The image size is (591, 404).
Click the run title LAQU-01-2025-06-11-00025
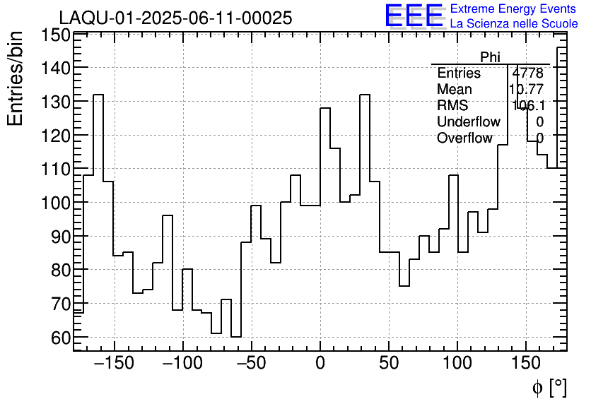pyautogui.click(x=175, y=18)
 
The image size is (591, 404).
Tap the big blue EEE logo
pyautogui.click(x=414, y=16)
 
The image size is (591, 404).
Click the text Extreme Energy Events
pyautogui.click(x=513, y=9)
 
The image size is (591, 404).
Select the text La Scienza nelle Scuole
pyautogui.click(x=513, y=24)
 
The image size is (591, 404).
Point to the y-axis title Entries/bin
pyautogui.click(x=16, y=78)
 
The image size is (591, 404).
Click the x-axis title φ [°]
pyautogui.click(x=549, y=388)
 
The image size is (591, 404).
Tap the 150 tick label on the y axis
pyautogui.click(x=55, y=35)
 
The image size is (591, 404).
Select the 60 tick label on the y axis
pyautogui.click(x=60, y=338)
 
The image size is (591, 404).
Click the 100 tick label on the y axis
pyautogui.click(x=55, y=203)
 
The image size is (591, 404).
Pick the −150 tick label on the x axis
pyautogui.click(x=114, y=364)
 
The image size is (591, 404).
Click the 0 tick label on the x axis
pyautogui.click(x=320, y=364)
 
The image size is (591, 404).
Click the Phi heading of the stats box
pyautogui.click(x=490, y=57)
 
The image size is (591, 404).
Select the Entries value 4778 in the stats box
pyautogui.click(x=527, y=73)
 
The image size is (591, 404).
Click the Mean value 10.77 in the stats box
pyautogui.click(x=526, y=90)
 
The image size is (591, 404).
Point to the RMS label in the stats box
pyautogui.click(x=452, y=106)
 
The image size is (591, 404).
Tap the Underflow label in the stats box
pyautogui.click(x=468, y=121)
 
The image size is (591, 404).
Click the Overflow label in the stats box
pyautogui.click(x=464, y=138)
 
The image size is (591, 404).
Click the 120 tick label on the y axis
pyautogui.click(x=55, y=135)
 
